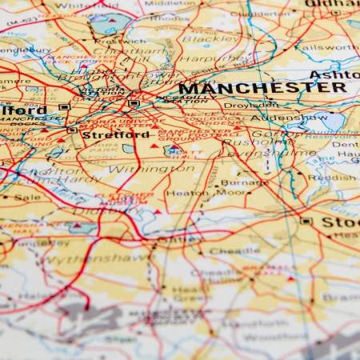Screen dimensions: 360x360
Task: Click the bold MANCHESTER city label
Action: coord(262,87)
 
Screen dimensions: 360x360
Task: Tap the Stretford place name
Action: coord(115,135)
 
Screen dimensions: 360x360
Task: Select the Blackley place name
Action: coord(210,38)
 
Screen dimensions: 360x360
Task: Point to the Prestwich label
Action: coord(120,41)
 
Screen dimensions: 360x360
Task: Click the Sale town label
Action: coord(27,196)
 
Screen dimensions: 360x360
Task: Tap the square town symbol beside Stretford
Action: coord(72,130)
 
